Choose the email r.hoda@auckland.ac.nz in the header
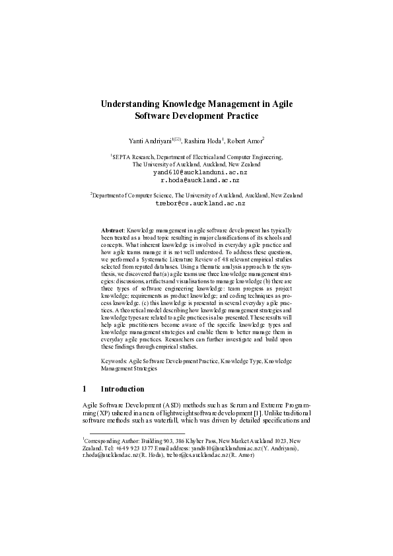click(196, 180)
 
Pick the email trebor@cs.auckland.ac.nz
click(196, 204)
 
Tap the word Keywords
click(114, 363)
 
